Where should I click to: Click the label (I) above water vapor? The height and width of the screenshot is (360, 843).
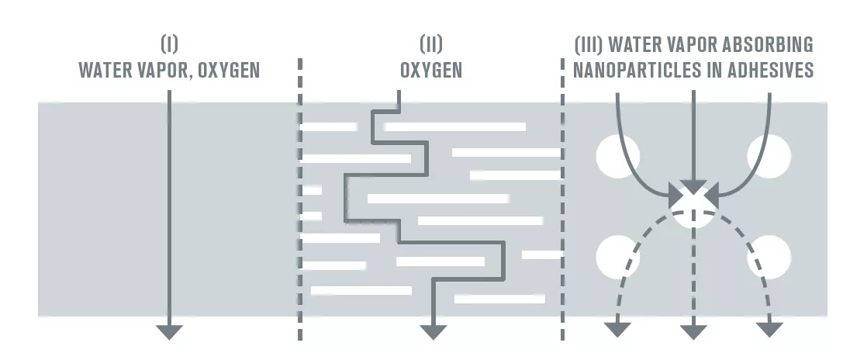click(169, 44)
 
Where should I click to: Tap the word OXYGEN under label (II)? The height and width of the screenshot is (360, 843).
click(431, 71)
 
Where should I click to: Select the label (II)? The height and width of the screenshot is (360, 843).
click(431, 44)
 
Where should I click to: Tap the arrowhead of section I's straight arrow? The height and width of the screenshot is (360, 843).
click(169, 332)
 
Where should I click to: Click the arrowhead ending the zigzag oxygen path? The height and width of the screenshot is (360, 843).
click(433, 332)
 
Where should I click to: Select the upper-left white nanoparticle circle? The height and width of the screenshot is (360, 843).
click(617, 156)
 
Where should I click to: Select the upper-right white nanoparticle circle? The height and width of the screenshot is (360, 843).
click(769, 156)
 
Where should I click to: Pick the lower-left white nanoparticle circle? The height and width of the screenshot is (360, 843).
click(617, 257)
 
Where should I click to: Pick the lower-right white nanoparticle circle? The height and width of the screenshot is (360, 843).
click(769, 257)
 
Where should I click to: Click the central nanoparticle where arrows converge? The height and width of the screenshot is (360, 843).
click(693, 206)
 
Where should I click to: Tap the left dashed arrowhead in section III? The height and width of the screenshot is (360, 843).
click(617, 329)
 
